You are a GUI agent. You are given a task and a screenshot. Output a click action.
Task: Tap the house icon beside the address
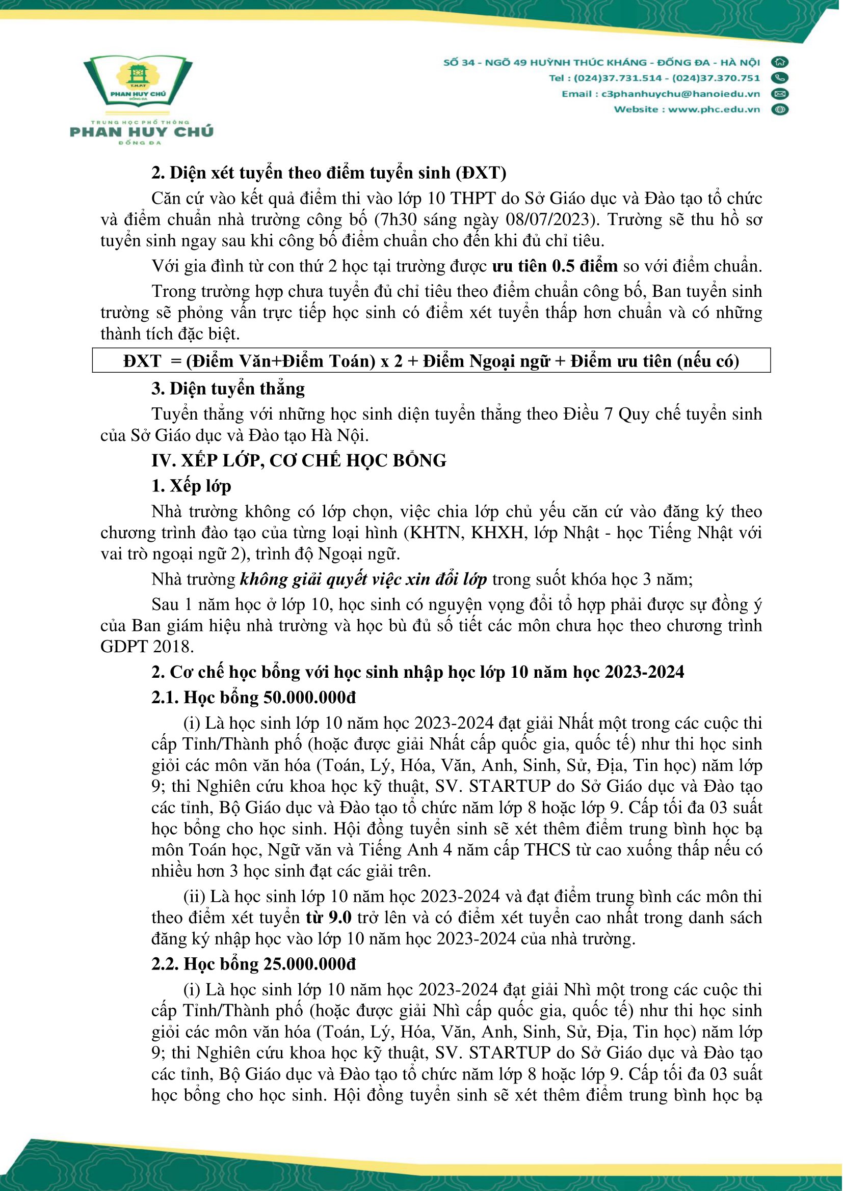779,62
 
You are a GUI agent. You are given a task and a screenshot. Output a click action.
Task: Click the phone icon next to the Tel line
779,78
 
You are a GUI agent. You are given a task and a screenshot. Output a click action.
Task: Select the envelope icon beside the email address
779,94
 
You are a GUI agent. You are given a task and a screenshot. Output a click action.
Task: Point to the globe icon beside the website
779,109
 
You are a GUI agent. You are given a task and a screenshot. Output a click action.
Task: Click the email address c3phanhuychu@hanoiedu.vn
680,94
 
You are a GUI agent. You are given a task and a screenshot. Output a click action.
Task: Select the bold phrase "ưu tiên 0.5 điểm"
555,266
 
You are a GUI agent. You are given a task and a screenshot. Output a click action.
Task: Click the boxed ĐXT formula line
431,361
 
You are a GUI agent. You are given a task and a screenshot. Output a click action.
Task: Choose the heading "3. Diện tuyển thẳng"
228,389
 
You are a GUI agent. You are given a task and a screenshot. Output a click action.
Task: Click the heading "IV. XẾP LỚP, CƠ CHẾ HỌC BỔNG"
299,460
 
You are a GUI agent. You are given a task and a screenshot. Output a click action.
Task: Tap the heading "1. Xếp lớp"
191,486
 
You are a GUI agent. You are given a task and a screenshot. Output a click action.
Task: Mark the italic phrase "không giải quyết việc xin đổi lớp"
363,579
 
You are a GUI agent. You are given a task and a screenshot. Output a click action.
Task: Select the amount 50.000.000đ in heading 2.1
310,697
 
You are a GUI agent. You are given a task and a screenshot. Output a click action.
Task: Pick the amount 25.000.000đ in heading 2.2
310,964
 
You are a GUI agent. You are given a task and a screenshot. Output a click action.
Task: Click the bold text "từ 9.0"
329,917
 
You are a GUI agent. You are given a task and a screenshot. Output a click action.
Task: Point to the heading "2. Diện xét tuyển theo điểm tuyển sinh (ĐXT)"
329,173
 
